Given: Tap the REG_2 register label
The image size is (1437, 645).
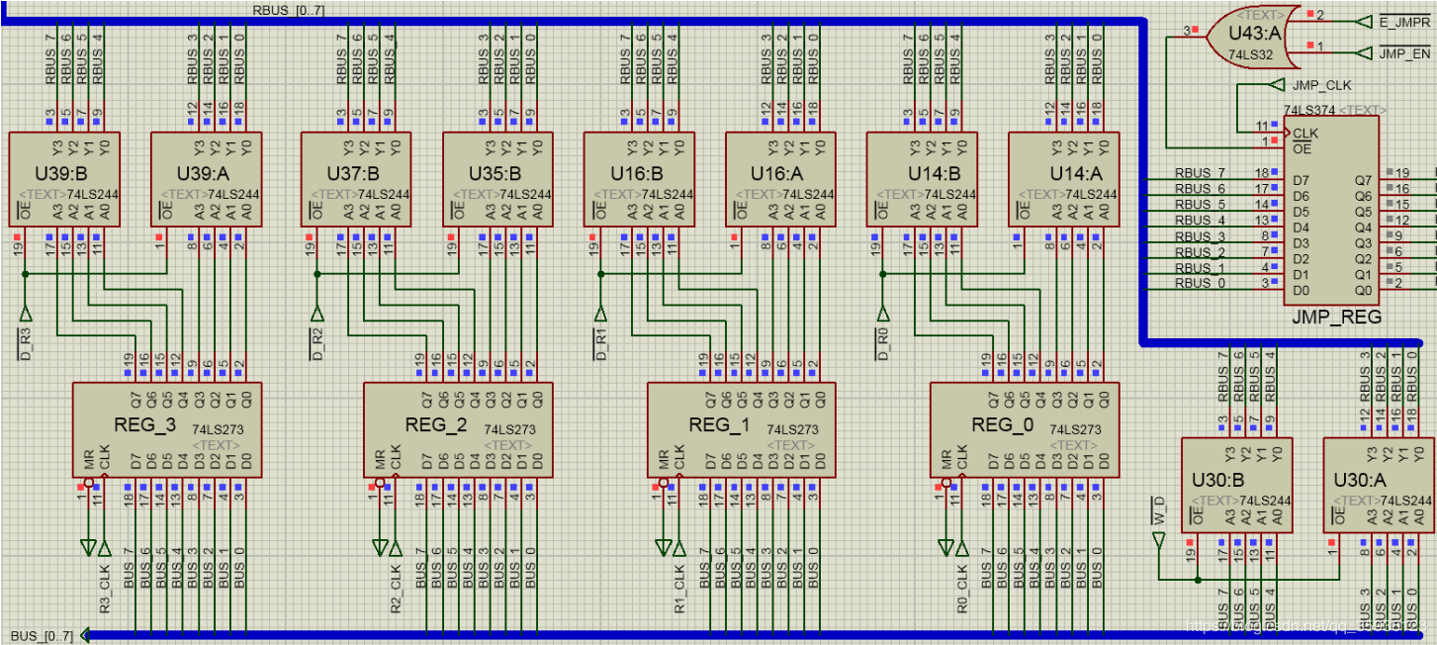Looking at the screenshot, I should [435, 425].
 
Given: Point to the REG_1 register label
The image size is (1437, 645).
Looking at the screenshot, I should [718, 425].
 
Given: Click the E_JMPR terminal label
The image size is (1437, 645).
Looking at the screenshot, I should [1404, 21].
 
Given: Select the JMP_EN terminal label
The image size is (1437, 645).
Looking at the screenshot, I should [1404, 52].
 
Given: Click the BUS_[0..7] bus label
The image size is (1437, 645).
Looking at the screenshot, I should [42, 635].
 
